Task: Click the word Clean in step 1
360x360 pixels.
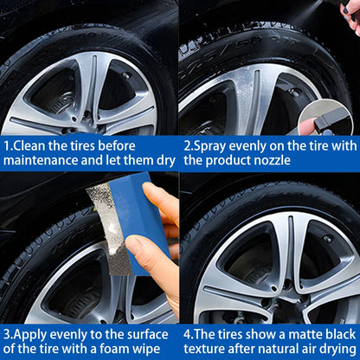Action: pos(32,145)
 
